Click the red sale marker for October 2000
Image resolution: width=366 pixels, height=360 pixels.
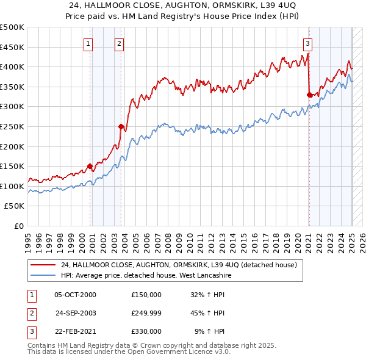(90, 166)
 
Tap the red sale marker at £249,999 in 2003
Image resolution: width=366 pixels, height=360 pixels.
(121, 126)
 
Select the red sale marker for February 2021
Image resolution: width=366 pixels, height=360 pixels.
(309, 95)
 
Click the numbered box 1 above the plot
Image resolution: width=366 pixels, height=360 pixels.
(88, 43)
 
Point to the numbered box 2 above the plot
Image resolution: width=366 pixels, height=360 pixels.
(118, 43)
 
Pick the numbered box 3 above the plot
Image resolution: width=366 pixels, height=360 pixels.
(308, 43)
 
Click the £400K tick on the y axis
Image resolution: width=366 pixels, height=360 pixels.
(13, 67)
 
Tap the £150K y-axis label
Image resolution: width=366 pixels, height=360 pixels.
(13, 166)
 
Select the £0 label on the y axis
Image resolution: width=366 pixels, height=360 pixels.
(19, 226)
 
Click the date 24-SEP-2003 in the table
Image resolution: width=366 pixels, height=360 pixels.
(75, 313)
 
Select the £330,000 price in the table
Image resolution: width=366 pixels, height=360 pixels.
(146, 331)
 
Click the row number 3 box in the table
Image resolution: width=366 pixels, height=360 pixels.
(30, 331)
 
